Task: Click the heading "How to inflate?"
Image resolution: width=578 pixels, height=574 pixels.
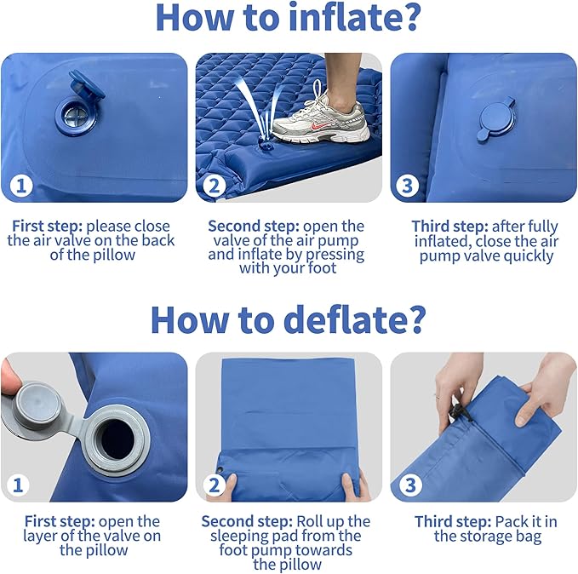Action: click(289, 20)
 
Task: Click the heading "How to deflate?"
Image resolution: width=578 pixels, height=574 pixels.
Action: click(289, 319)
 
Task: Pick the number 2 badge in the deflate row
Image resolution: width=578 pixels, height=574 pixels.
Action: click(215, 485)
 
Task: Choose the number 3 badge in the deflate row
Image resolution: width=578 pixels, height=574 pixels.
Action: click(409, 485)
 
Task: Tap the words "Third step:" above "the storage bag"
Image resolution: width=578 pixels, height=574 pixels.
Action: click(449, 521)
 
